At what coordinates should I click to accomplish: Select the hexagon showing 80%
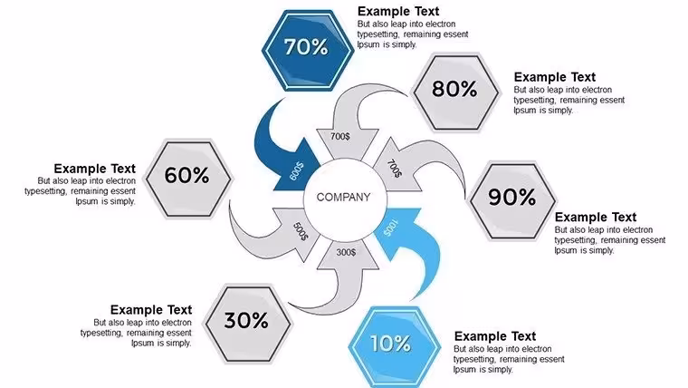456,92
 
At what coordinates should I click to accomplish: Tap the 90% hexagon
512,200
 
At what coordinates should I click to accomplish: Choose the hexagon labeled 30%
248,324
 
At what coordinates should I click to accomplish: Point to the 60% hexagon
187,179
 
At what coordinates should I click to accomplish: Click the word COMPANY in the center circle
344,198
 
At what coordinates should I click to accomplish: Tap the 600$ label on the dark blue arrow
297,171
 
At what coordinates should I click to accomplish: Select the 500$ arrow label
301,231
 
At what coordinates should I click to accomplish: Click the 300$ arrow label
346,252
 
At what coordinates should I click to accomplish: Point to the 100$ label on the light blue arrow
391,228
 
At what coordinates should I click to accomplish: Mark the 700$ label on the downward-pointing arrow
340,137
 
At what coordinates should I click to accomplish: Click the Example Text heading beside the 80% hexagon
555,77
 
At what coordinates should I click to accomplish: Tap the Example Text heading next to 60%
95,169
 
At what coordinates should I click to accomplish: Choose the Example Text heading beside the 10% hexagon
495,336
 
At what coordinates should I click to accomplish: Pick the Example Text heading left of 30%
151,310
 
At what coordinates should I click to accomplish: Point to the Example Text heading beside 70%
398,12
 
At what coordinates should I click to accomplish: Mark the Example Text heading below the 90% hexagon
596,218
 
